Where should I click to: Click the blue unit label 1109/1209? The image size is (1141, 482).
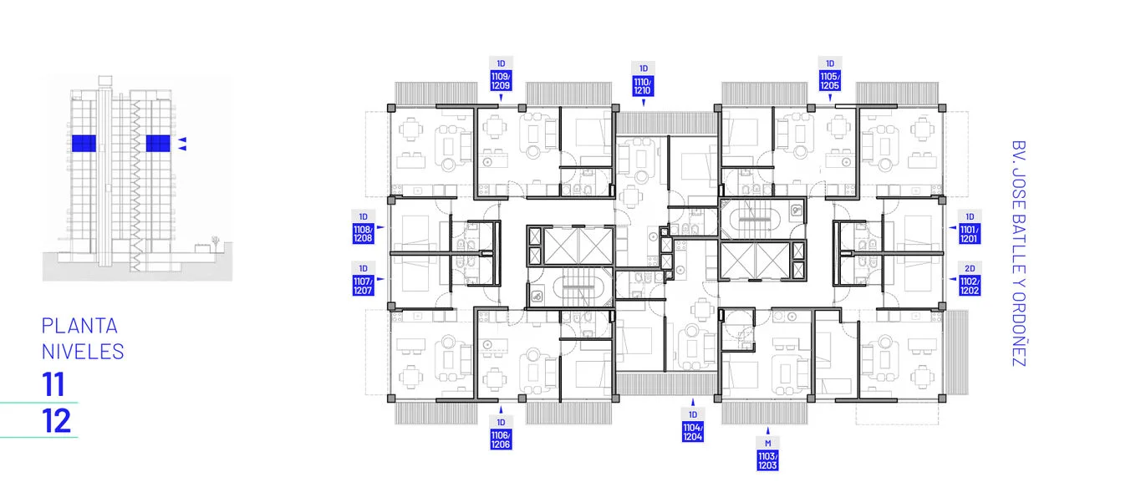click(501, 81)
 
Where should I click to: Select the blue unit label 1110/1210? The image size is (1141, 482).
click(643, 86)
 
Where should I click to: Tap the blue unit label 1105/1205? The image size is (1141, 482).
click(830, 81)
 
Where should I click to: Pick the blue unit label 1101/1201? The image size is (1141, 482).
click(969, 234)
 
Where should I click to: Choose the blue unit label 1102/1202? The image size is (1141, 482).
click(969, 286)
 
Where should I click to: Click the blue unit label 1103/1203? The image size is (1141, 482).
click(767, 460)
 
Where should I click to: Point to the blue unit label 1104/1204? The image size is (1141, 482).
click(693, 432)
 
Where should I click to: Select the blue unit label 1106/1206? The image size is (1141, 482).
click(501, 439)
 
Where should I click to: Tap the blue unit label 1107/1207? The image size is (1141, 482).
click(363, 286)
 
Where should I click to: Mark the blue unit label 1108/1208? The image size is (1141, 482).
click(363, 234)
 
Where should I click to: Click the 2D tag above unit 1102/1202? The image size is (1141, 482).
click(970, 268)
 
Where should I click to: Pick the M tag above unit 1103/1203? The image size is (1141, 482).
click(767, 444)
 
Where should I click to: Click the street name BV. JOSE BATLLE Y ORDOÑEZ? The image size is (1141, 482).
click(1018, 253)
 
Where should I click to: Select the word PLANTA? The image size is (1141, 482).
click(79, 326)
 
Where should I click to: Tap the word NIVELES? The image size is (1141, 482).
click(83, 352)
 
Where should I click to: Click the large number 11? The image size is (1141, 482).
click(53, 384)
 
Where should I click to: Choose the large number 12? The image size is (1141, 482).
click(56, 421)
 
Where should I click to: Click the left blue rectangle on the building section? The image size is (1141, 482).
click(84, 144)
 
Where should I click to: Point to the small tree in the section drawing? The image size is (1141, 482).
click(216, 241)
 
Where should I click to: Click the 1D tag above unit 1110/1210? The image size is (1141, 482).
click(644, 68)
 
